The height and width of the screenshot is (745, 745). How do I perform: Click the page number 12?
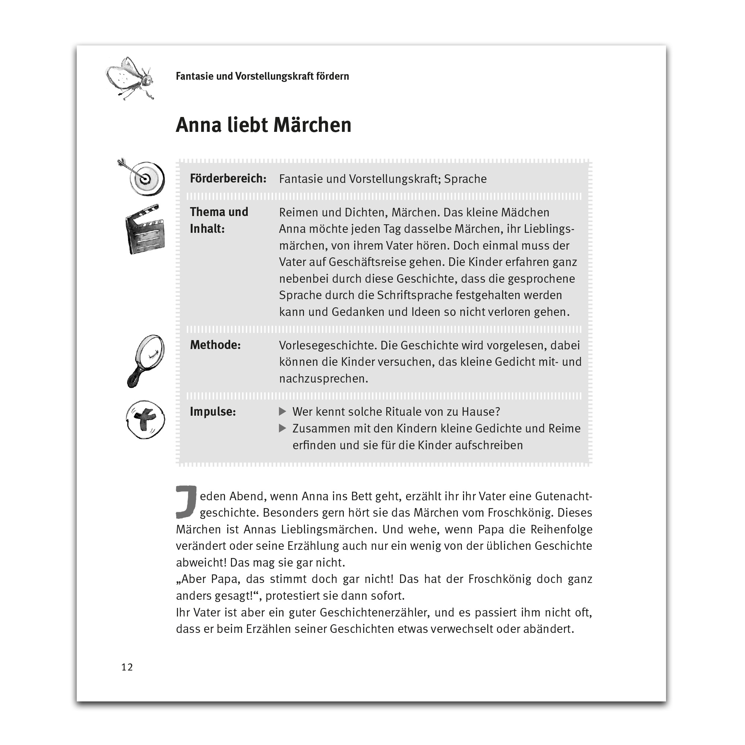(x=127, y=667)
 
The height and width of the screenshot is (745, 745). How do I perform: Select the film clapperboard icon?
(x=145, y=230)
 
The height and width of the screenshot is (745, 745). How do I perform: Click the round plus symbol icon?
(x=145, y=419)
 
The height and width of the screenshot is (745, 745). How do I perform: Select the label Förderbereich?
(x=228, y=178)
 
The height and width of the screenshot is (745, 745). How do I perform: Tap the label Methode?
(x=215, y=345)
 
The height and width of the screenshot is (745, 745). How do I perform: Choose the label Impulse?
(x=212, y=412)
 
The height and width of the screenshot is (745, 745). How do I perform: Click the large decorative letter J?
(x=186, y=502)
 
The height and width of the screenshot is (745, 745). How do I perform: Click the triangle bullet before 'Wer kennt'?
(x=282, y=412)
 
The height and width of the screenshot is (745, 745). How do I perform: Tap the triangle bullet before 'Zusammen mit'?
(x=282, y=428)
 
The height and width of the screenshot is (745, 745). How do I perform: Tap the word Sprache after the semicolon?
(x=465, y=179)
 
